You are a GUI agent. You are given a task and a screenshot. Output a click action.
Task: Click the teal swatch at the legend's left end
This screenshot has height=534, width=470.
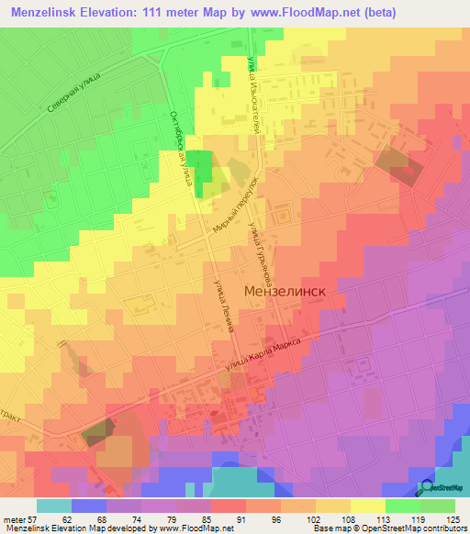tap(54, 506)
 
